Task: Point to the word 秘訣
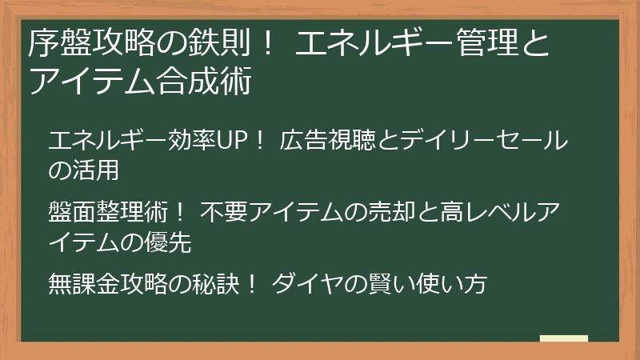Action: pyautogui.click(x=214, y=283)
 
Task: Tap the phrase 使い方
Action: pyautogui.click(x=453, y=283)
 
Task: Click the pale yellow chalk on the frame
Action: pyautogui.click(x=564, y=339)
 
